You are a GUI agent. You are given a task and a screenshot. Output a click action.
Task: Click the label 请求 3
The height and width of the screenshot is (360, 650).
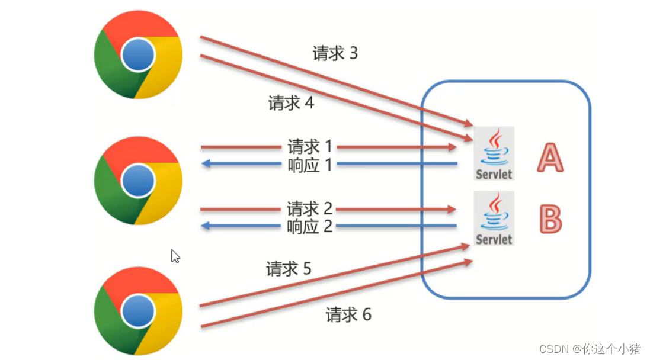(x=335, y=54)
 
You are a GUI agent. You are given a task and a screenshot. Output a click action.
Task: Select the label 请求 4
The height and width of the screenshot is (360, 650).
(x=291, y=103)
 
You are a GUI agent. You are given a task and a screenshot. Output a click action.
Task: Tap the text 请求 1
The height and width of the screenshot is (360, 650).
(x=310, y=146)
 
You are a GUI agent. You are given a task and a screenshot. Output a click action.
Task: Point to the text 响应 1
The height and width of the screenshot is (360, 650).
(x=310, y=164)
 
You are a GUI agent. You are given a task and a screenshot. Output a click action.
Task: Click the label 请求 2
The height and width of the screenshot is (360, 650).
(x=310, y=209)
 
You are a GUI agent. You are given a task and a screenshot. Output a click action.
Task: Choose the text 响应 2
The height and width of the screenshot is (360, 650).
(x=310, y=226)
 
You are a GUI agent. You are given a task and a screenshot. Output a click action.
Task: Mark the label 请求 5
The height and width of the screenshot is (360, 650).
(x=289, y=269)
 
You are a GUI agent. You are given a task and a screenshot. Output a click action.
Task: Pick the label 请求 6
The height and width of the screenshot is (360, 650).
(x=348, y=314)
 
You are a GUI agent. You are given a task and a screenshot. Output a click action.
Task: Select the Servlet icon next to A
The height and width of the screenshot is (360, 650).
(x=494, y=153)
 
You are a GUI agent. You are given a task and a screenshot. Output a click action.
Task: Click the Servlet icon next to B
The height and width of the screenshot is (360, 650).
(x=494, y=218)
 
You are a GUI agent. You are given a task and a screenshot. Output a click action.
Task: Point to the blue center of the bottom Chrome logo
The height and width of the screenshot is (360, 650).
(x=139, y=310)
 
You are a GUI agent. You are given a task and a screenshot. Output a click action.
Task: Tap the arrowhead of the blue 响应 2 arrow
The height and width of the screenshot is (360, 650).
(x=206, y=226)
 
